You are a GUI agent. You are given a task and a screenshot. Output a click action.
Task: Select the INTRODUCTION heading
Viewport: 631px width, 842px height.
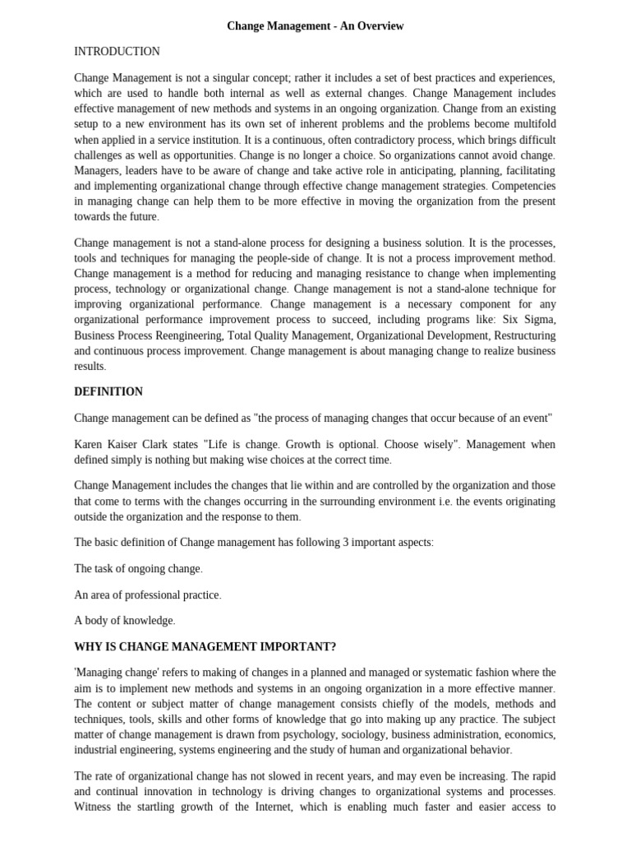coord(117,51)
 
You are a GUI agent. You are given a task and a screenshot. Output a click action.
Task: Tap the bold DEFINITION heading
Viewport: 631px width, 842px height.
coord(108,391)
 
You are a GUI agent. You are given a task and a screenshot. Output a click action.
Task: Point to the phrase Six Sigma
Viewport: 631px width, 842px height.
coord(528,320)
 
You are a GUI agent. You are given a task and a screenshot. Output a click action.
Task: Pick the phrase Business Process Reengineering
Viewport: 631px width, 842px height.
coord(142,335)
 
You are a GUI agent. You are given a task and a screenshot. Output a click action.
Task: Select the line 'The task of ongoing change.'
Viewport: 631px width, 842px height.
coord(138,568)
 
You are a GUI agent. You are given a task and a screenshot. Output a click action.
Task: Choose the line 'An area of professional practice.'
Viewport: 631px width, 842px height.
coord(148,594)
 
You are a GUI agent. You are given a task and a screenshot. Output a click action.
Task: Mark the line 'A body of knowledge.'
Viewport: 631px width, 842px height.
coord(125,620)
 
